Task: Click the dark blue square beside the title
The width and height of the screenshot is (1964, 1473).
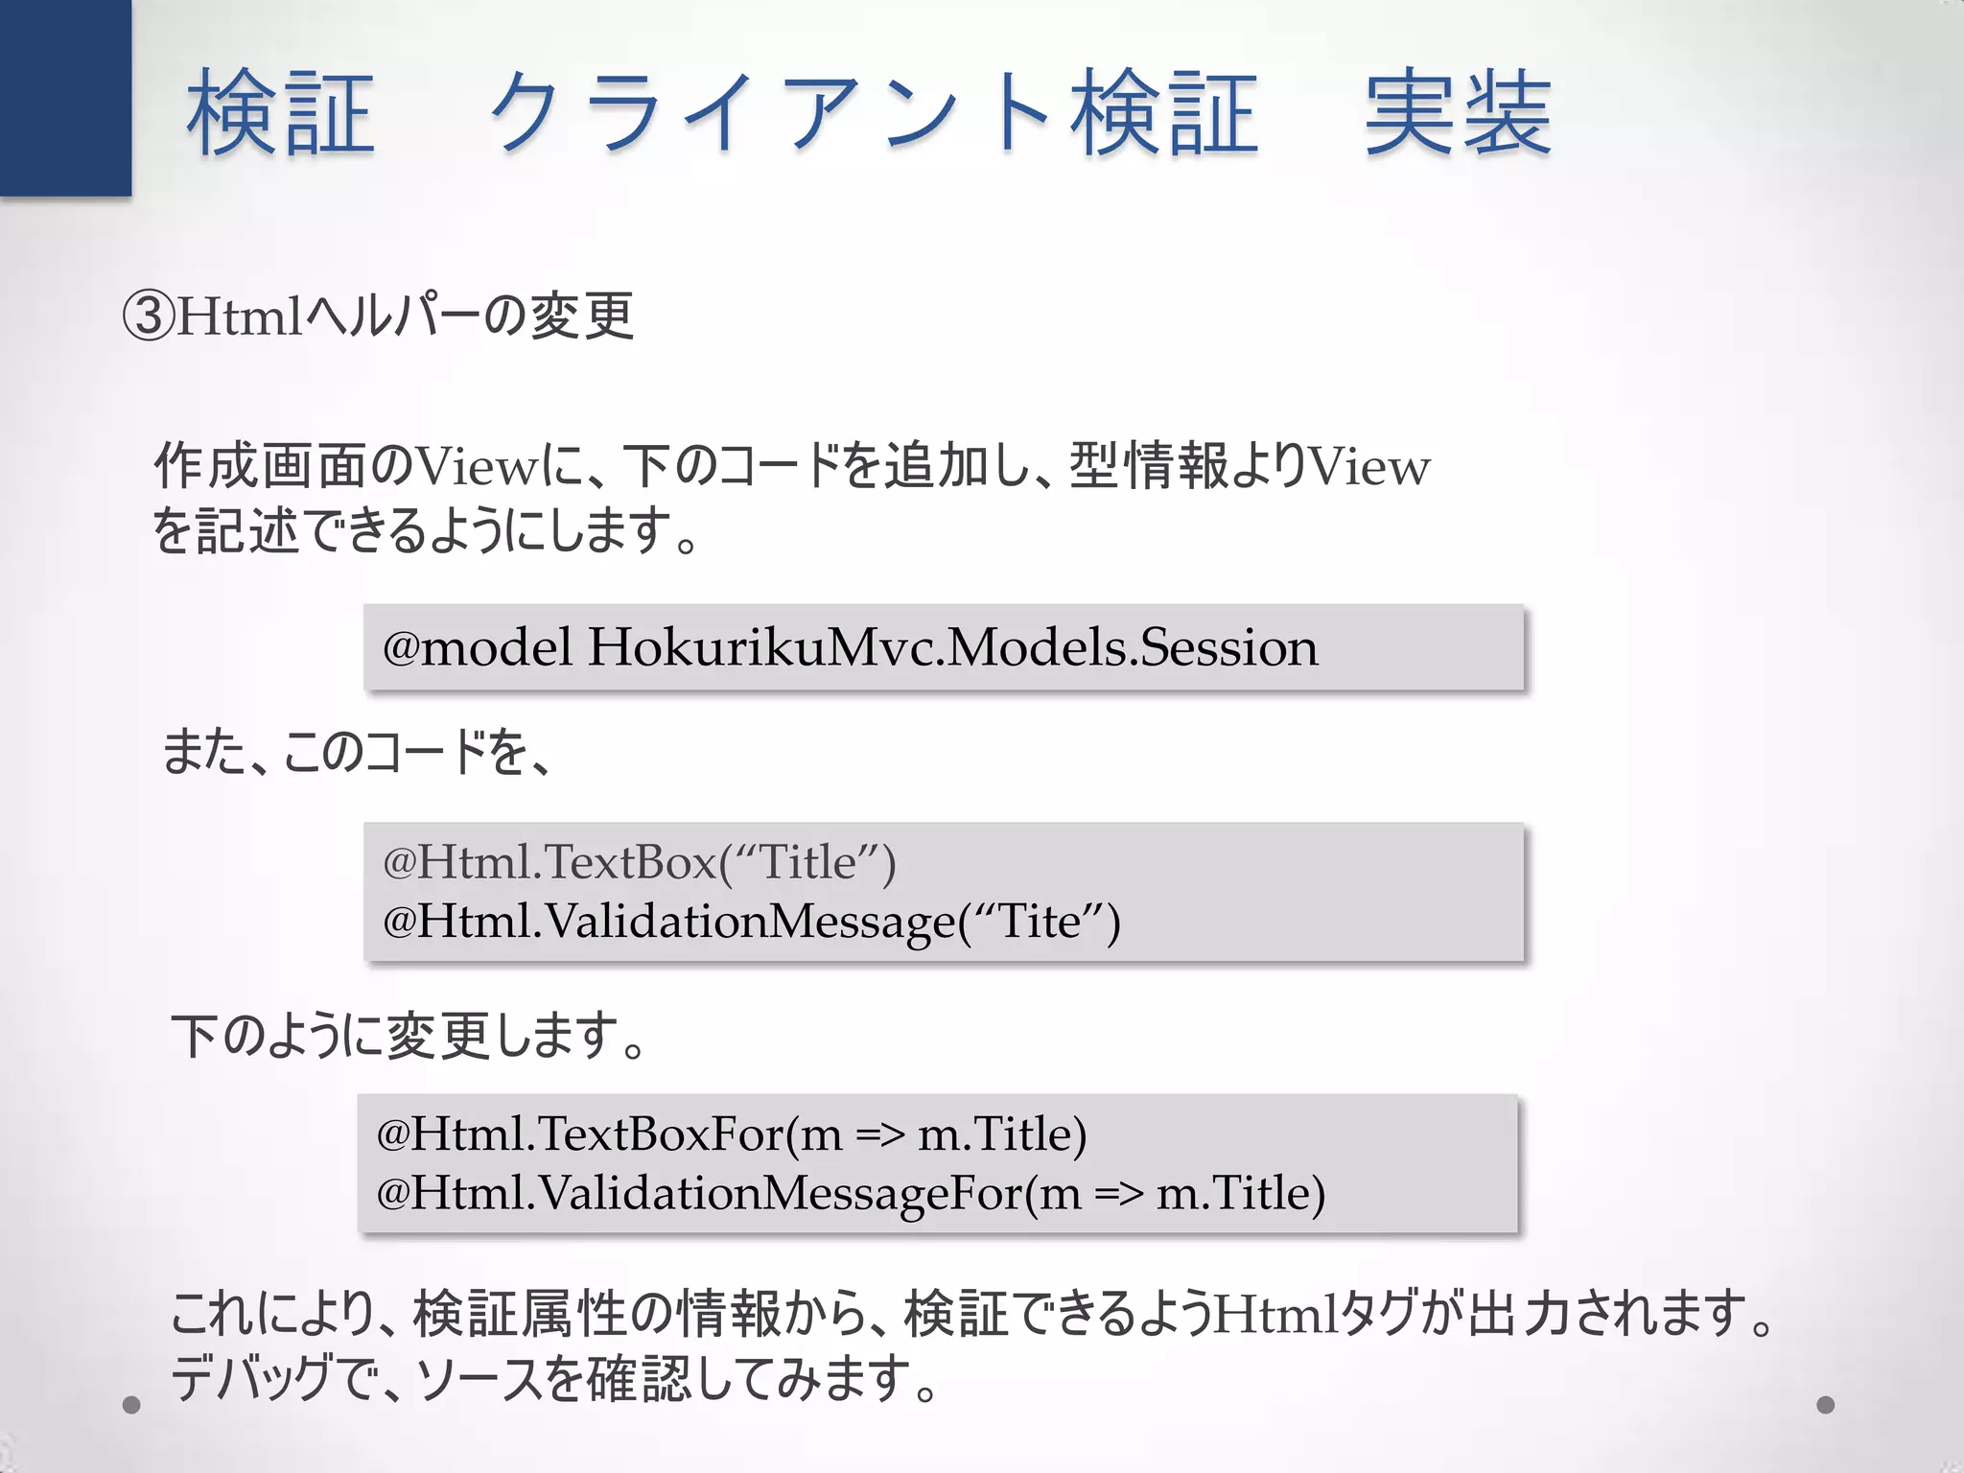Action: click(65, 98)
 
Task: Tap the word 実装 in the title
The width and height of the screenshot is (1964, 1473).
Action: click(1457, 113)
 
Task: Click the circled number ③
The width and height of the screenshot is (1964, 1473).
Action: click(149, 316)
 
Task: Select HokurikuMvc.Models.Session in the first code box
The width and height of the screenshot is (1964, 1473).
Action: click(952, 647)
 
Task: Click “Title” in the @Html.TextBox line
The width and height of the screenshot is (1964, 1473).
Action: click(807, 862)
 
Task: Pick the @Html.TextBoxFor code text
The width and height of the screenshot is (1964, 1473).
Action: click(580, 1134)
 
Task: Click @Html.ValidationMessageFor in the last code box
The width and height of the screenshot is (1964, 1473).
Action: click(699, 1194)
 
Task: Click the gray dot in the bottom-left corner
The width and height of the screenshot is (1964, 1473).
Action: click(131, 1405)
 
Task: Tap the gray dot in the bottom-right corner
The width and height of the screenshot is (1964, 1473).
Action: click(1826, 1405)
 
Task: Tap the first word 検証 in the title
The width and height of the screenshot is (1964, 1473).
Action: click(280, 113)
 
